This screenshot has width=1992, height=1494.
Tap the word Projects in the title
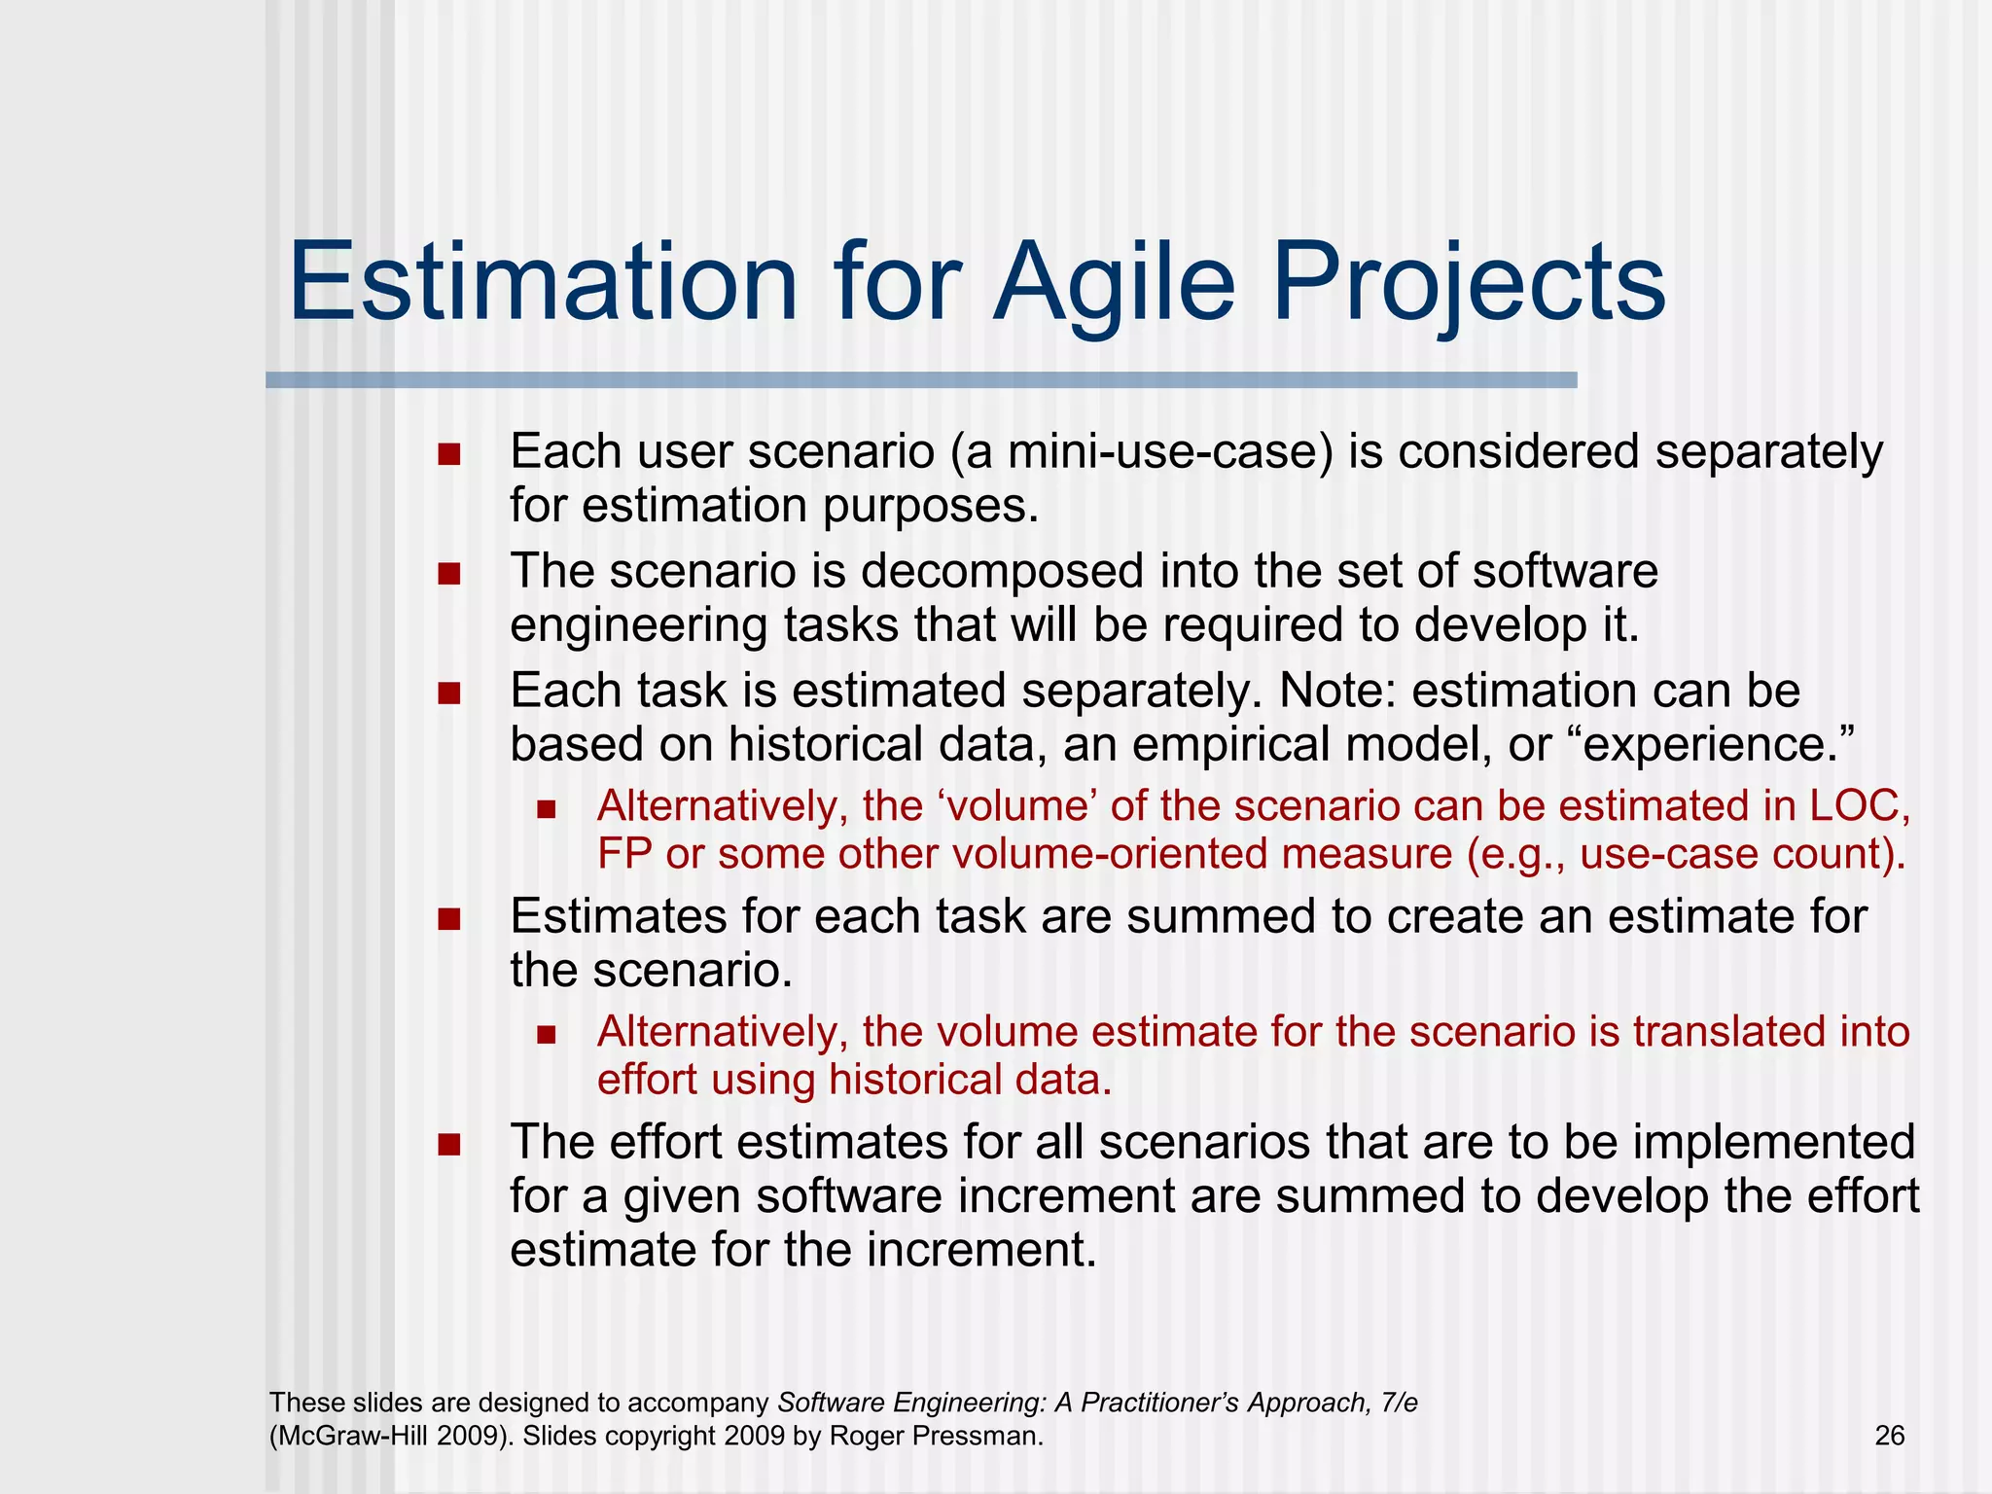[x=1469, y=284]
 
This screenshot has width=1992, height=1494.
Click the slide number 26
[x=1889, y=1436]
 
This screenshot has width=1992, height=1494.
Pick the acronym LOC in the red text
[x=1853, y=806]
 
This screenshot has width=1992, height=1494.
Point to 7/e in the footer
[x=1399, y=1403]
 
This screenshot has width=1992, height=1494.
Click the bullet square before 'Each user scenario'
[x=448, y=454]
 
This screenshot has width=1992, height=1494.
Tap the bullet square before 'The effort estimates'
[x=448, y=1144]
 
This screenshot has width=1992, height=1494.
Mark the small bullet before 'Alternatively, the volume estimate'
[x=546, y=1034]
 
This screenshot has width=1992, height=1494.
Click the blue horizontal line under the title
[x=921, y=380]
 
